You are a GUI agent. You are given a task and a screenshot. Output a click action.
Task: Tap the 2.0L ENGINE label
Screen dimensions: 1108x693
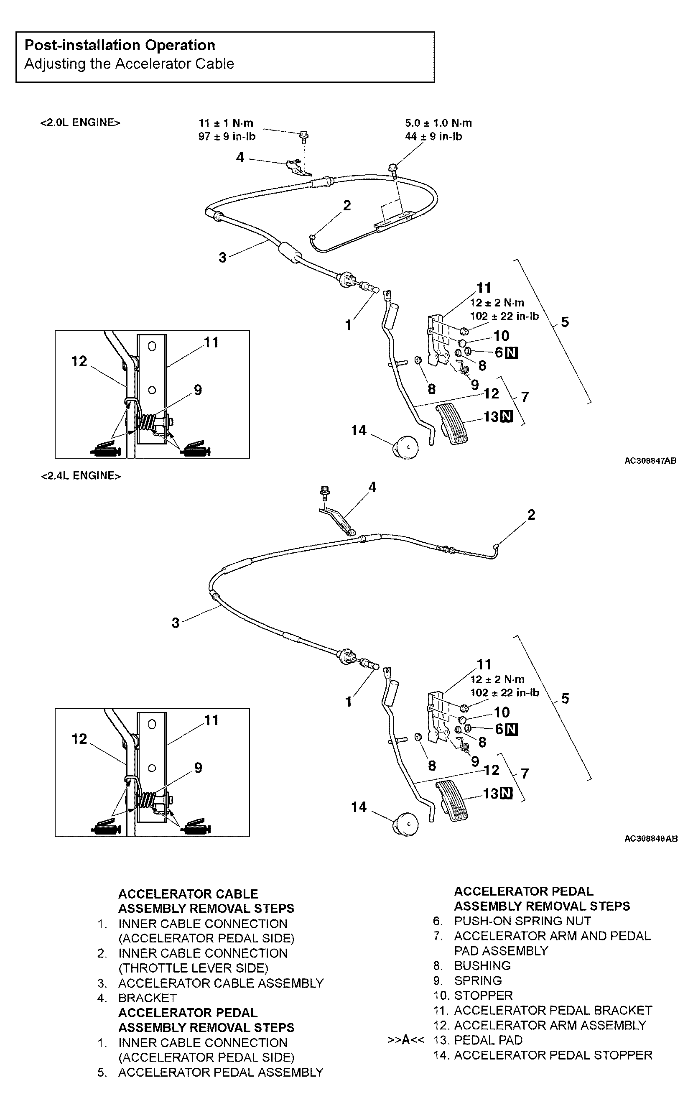pos(80,123)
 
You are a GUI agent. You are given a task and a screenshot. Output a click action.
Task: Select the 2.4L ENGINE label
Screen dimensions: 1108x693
pos(81,475)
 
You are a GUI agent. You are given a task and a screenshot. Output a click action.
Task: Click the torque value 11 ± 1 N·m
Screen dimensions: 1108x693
pos(226,123)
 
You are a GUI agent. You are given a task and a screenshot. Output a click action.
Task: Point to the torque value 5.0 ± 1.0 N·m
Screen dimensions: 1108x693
pos(438,123)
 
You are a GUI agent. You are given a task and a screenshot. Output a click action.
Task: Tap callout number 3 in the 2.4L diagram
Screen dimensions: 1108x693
pos(176,623)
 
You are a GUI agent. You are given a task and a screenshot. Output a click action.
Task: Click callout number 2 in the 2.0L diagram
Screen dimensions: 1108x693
pos(347,205)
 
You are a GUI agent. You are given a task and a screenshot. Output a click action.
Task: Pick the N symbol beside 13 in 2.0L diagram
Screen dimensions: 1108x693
pos(507,416)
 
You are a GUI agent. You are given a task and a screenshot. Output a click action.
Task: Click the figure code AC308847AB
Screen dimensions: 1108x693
pos(650,461)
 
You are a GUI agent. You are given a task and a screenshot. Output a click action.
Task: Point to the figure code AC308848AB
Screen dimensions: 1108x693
pos(650,838)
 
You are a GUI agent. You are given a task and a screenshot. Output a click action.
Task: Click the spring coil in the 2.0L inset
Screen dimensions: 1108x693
pos(148,421)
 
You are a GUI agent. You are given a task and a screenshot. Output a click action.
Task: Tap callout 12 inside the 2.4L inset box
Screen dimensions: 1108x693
pos(79,739)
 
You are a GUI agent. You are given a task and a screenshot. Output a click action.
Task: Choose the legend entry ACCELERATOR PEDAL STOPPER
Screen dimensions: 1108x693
pos(553,1055)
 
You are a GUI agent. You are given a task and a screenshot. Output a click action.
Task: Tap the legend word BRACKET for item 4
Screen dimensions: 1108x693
pos(147,998)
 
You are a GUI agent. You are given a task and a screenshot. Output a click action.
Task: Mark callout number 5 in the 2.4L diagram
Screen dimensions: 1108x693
pos(565,698)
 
